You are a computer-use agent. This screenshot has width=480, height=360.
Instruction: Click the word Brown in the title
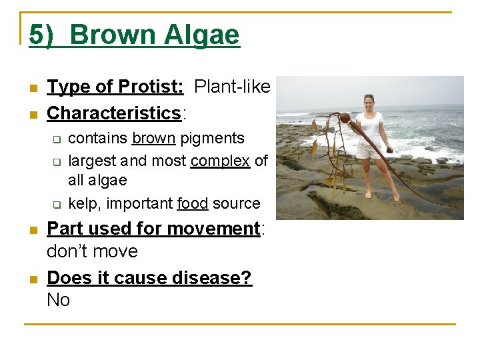(107, 34)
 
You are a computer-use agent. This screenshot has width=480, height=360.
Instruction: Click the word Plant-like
(232, 87)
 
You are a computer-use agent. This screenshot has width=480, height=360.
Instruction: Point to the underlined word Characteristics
(114, 113)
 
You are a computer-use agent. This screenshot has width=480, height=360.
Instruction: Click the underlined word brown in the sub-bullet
(153, 139)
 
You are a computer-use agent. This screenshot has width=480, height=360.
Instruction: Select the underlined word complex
(220, 161)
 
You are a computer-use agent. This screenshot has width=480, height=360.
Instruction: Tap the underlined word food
(193, 203)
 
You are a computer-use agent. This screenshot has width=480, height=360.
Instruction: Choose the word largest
(92, 161)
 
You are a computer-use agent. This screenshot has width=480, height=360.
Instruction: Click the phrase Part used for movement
(153, 229)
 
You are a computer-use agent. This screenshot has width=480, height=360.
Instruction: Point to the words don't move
(92, 251)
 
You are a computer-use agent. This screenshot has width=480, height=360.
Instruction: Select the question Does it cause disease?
(149, 277)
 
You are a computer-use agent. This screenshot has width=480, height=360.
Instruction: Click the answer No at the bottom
(59, 300)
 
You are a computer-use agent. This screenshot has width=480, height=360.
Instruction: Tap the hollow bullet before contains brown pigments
(57, 139)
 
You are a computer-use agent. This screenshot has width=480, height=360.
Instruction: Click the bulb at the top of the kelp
(345, 118)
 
